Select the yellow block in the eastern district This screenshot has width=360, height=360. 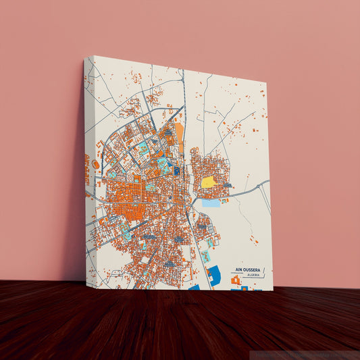pyautogui.click(x=209, y=182)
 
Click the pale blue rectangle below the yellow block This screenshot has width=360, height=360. pyautogui.click(x=211, y=203)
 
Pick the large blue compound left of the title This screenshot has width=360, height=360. pyautogui.click(x=214, y=275)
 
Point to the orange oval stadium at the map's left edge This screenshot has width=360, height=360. pyautogui.click(x=95, y=164)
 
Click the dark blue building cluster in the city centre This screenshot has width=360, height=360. pyautogui.click(x=177, y=171)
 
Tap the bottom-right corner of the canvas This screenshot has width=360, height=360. pyautogui.click(x=272, y=290)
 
